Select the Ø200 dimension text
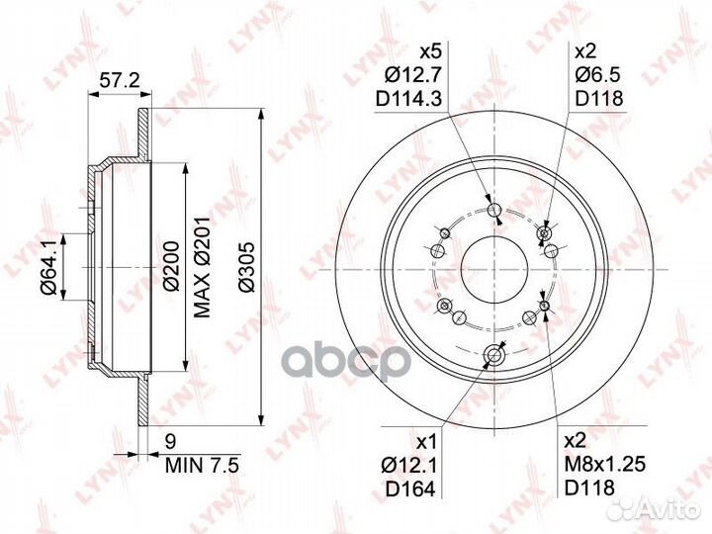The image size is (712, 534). [x=169, y=265]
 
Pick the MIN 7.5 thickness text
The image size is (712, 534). [x=201, y=462]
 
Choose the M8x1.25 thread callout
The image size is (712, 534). [x=602, y=463]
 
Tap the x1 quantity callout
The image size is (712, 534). [x=427, y=440]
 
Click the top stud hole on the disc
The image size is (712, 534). [x=494, y=209]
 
